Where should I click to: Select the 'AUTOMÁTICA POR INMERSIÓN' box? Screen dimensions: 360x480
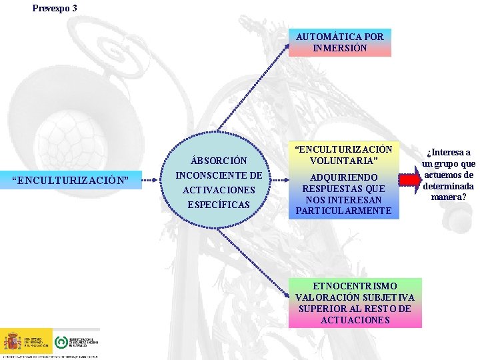340,43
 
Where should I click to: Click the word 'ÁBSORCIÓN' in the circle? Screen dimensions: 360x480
219,161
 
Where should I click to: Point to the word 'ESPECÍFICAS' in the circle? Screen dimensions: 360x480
219,205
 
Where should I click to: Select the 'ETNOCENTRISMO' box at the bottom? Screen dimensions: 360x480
355,303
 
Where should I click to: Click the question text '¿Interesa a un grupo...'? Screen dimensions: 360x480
448,175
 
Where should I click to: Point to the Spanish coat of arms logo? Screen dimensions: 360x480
12,341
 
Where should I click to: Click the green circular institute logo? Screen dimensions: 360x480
61,341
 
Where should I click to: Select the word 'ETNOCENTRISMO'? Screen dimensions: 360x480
355,286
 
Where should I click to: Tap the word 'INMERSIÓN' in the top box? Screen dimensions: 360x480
340,48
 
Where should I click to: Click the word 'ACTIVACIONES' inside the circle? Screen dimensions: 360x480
219,190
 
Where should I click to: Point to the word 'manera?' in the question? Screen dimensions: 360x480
448,197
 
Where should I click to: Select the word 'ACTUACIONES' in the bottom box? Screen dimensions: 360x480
355,320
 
